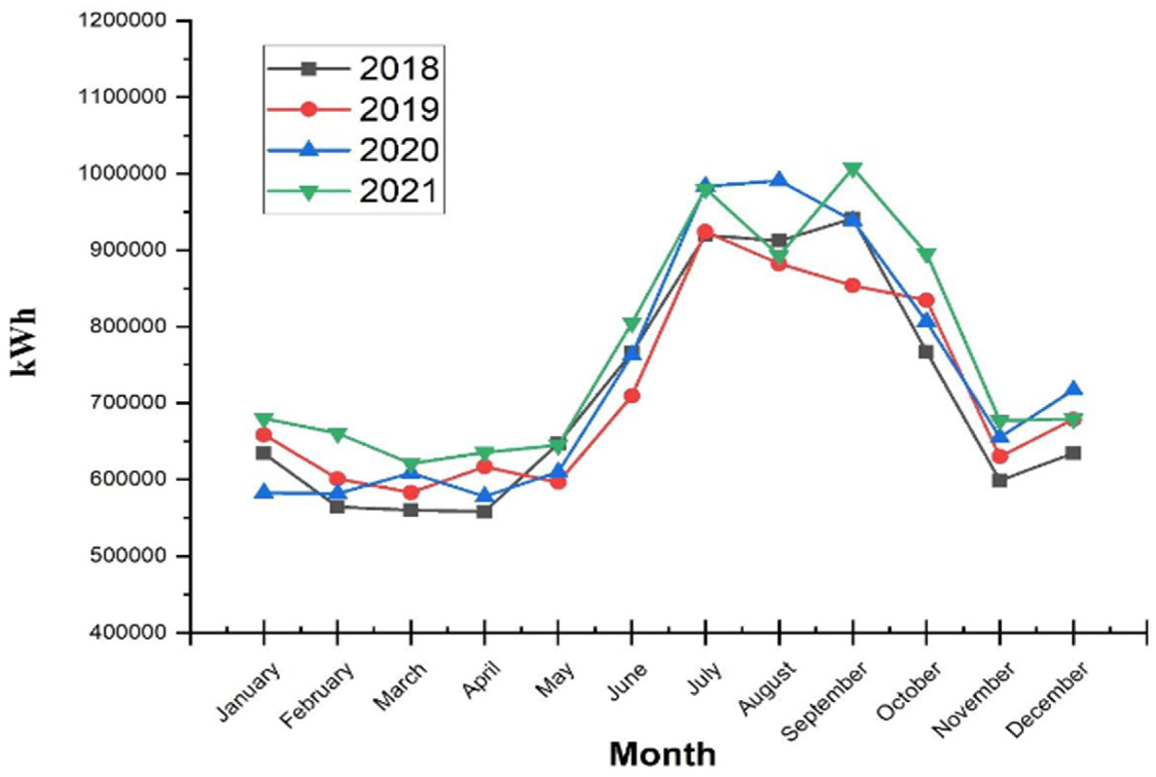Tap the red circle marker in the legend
point(308,109)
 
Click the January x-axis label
point(249,692)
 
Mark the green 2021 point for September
point(853,169)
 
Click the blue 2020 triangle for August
point(779,179)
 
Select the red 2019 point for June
point(632,395)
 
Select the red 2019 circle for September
point(853,285)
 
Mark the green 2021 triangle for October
point(926,255)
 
